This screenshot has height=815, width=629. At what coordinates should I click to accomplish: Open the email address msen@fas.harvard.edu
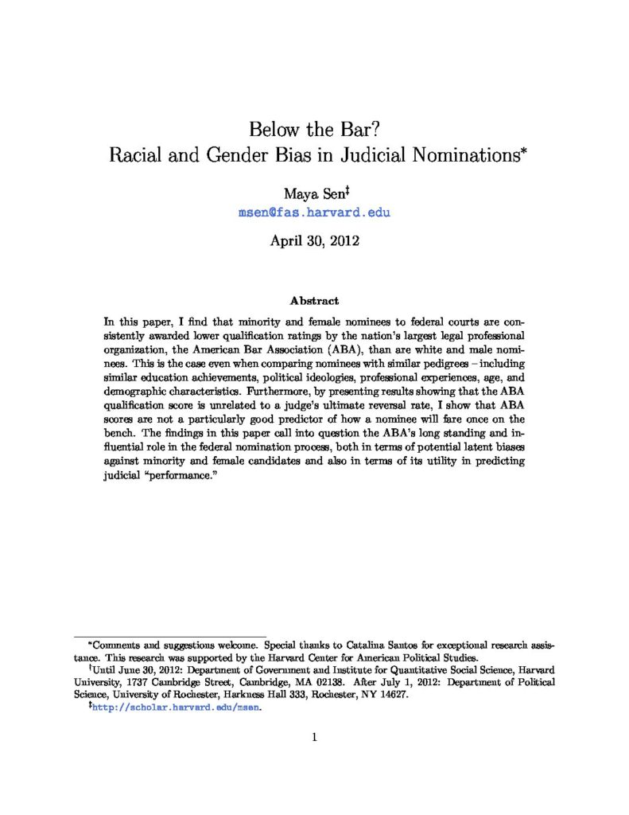point(314,213)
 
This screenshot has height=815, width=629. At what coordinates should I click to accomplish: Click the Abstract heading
point(314,301)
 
